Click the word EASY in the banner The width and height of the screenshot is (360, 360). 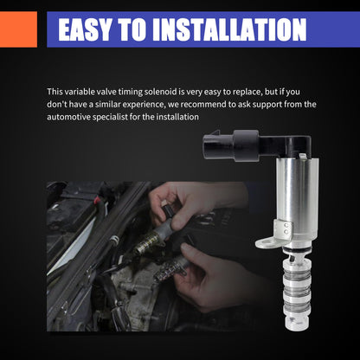(85, 29)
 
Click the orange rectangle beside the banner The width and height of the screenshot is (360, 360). (18, 29)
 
